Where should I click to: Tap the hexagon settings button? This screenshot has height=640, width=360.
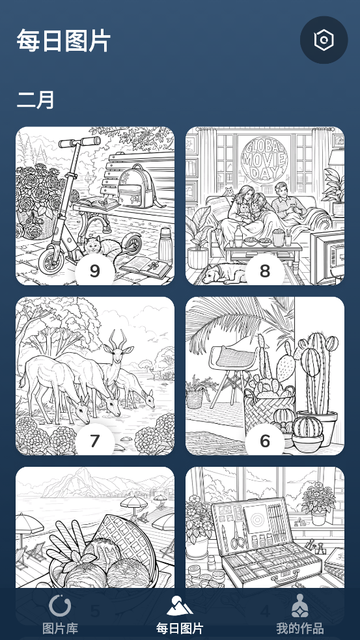324,40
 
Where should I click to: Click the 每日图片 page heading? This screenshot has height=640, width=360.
64,40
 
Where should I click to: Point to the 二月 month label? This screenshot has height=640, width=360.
36,100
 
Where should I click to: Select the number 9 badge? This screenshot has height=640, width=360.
94,271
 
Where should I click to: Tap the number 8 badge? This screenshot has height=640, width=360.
265,271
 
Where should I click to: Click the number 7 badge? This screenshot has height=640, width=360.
94,441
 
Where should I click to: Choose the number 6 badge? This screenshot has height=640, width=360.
265,441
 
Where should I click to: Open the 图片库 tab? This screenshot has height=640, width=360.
60,615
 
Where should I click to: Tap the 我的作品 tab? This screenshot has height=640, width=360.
300,615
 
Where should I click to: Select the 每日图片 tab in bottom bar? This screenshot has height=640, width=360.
180,615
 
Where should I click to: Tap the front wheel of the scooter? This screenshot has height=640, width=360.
51,258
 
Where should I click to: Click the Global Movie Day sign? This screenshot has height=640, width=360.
264,159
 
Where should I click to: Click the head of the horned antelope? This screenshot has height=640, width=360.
118,352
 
